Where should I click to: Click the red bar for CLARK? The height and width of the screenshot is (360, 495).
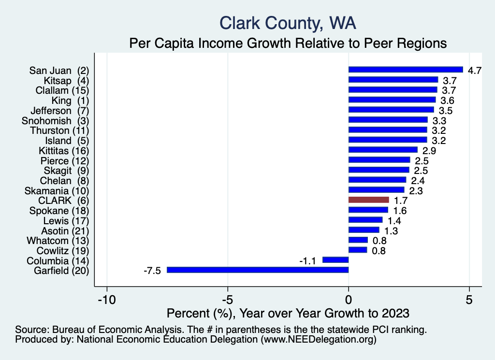point(368,200)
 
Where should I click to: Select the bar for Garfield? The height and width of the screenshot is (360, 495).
point(258,270)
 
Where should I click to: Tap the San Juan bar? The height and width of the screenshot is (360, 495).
point(406,70)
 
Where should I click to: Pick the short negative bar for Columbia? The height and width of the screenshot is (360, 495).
point(335,260)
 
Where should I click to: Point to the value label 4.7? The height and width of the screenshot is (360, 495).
point(475,71)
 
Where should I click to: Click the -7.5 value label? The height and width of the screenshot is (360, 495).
point(152,271)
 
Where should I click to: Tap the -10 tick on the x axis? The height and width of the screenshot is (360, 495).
point(107,300)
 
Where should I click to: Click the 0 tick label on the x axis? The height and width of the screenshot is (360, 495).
point(349,300)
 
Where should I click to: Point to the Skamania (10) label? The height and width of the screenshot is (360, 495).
point(59,190)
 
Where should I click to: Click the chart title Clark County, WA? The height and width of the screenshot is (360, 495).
point(288,22)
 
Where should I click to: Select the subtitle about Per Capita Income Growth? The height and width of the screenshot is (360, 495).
point(288,43)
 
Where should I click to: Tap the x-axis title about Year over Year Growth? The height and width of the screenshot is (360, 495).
point(288,313)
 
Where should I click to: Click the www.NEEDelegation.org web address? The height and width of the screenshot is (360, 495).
point(318,340)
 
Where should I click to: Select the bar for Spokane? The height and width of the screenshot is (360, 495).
point(368,210)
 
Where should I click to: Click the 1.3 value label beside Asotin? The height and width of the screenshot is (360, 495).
point(391,230)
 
